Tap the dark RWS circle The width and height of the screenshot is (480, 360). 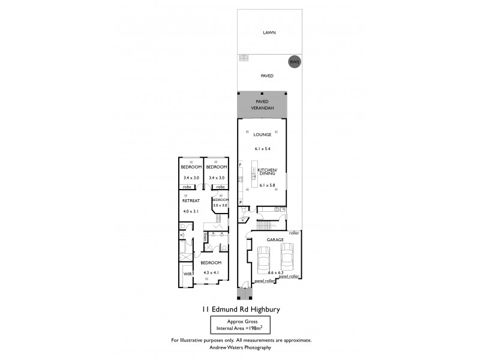tap(294, 62)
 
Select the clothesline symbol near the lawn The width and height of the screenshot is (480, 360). tap(243, 58)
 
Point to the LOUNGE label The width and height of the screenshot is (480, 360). tap(262, 135)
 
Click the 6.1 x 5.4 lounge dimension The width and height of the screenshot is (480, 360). tap(262, 148)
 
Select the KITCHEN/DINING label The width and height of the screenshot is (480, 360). tap(266, 172)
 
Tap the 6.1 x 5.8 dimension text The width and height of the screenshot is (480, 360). tap(267, 187)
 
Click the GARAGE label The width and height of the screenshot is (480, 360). tap(276, 239)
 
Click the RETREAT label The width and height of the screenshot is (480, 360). tap(191, 201)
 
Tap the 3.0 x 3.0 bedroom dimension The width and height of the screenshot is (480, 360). tap(220, 205)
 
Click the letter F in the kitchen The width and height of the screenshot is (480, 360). tap(240, 164)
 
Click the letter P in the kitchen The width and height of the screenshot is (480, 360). tap(241, 203)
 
